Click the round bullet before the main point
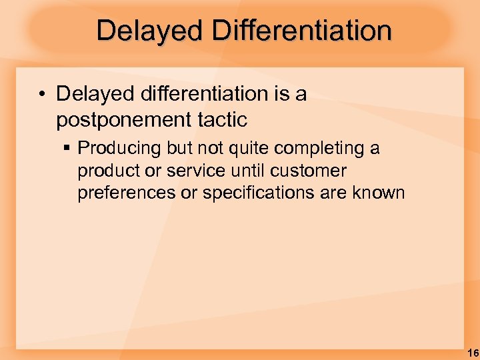pos(41,95)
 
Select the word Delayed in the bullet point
pos(93,94)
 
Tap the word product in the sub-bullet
pos(106,171)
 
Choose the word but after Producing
pos(172,148)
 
